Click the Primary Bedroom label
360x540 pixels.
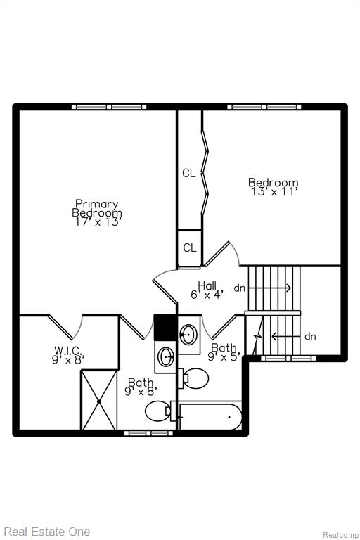tap(97, 208)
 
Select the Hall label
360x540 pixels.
tap(207, 285)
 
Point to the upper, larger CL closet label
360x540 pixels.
tap(188, 173)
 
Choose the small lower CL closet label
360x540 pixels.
tap(189, 247)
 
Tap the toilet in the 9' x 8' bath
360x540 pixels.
tap(158, 411)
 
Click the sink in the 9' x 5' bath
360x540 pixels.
tap(188, 334)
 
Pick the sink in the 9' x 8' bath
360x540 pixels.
tap(166, 356)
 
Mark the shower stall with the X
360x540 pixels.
tap(99, 400)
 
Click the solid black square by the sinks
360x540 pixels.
tap(165, 327)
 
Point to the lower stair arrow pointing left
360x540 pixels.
tap(287, 336)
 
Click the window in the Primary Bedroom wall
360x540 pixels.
tap(109, 107)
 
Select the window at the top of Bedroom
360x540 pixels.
tap(264, 107)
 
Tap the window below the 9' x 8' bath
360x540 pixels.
tap(148, 433)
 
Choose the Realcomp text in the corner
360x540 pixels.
tap(340, 535)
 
